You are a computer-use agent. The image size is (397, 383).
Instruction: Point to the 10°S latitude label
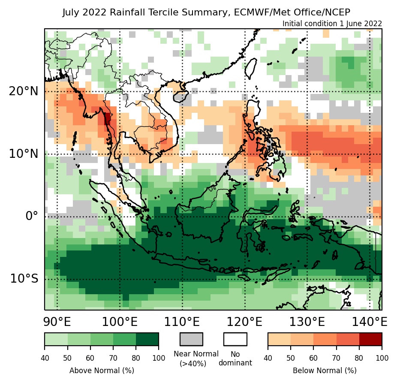(x=24, y=279)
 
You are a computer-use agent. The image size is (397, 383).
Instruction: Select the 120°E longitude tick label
(x=245, y=321)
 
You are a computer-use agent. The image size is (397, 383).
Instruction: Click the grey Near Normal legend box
(x=191, y=339)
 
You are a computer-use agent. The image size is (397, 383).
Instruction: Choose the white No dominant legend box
(x=235, y=339)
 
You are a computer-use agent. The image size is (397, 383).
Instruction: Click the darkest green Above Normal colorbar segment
(x=147, y=339)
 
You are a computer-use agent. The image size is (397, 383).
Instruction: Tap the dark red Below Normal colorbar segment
(x=370, y=339)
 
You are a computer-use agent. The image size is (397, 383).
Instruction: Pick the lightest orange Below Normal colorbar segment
(x=279, y=339)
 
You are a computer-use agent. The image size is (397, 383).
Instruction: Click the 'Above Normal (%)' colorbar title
(x=102, y=370)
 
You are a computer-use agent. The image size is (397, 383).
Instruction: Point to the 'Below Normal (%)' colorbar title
(x=325, y=370)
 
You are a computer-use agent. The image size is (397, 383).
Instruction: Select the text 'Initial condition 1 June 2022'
(x=332, y=24)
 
